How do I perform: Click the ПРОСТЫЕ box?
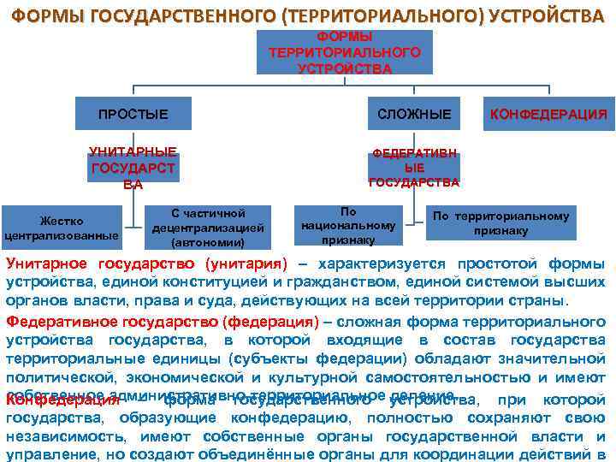coord(133,114)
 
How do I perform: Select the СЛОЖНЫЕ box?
coord(414,114)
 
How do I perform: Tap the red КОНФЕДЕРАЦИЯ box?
coord(548,114)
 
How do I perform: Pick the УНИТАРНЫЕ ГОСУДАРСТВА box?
coord(133,168)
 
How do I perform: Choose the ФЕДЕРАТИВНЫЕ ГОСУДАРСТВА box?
coord(414,169)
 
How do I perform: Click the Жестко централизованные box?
coord(62,228)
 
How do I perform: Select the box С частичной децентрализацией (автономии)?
coord(208,228)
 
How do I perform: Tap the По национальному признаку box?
coord(348,225)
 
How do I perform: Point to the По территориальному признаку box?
coord(500,223)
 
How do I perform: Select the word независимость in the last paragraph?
coord(65,438)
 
